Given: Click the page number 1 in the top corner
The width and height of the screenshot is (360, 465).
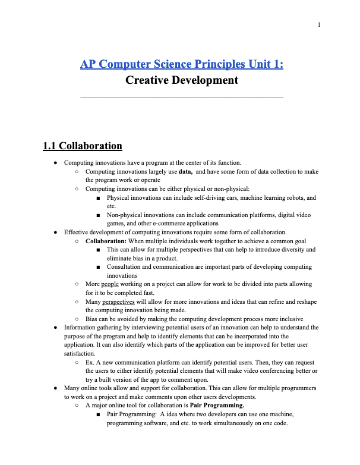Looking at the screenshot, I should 319,24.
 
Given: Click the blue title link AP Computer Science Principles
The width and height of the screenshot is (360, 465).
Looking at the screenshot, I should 181,64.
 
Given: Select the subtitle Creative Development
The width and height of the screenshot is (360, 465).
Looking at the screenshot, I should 182,80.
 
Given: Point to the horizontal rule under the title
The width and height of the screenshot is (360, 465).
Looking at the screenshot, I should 182,97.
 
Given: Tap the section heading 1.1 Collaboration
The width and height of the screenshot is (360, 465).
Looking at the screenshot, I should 83,146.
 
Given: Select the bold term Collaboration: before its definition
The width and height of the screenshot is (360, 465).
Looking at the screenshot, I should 107,241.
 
